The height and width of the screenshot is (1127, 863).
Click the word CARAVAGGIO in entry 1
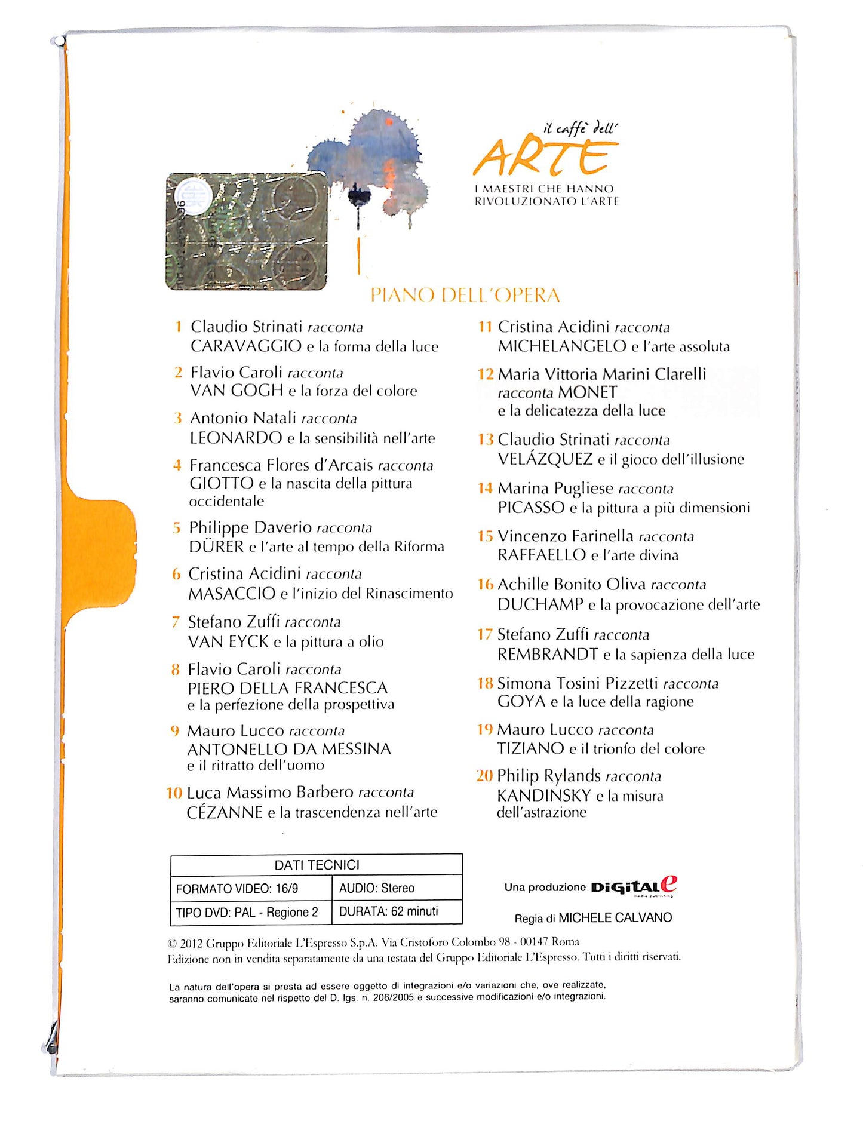245,346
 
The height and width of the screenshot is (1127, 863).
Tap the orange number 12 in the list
485,374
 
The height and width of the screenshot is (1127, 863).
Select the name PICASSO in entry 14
531,508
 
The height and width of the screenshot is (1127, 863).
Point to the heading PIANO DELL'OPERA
465,295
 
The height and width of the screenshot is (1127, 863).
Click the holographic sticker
247,232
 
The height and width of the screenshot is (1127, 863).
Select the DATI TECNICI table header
317,865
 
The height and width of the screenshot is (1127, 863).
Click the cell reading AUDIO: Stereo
377,888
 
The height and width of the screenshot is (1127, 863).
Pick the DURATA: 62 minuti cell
389,911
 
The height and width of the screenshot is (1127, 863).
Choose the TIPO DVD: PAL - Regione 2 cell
247,913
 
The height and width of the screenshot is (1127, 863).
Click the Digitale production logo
634,887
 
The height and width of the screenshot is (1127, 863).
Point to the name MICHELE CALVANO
615,918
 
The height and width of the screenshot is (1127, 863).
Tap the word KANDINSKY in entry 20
543,796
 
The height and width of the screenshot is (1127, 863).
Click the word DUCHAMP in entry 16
540,604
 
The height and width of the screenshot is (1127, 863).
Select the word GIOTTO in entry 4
222,483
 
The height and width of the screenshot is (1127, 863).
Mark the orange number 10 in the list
174,793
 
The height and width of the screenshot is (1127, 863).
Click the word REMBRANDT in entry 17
547,655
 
